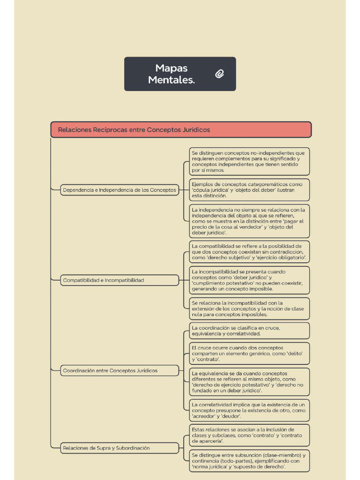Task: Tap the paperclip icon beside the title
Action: point(219,74)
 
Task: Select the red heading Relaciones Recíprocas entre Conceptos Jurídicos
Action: point(181,130)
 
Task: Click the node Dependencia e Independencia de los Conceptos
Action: point(120,190)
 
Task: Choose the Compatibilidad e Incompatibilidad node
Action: point(120,280)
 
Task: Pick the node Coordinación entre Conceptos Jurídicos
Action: point(120,371)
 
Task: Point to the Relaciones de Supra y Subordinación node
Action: point(120,448)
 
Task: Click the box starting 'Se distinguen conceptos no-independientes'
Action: point(249,162)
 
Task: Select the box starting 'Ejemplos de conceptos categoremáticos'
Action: point(249,190)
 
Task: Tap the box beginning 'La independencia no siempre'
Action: point(249,221)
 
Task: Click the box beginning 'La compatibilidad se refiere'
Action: point(249,252)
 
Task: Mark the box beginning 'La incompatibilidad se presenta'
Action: point(249,280)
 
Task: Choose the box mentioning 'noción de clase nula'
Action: point(249,309)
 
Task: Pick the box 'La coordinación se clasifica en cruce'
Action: point(249,331)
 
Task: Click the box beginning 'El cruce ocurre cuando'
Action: point(249,353)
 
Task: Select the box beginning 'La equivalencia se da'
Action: point(249,382)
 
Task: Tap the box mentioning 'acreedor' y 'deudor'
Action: point(249,410)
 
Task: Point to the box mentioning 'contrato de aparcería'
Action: point(249,435)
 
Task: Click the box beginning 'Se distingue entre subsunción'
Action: point(249,461)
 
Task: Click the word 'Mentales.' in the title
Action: point(172,80)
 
